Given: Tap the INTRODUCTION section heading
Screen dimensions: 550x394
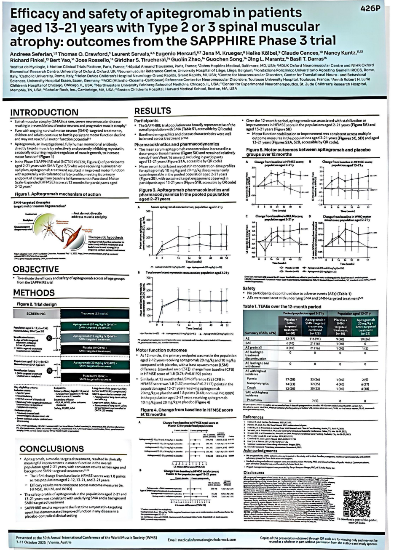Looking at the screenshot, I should pos(46,113).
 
